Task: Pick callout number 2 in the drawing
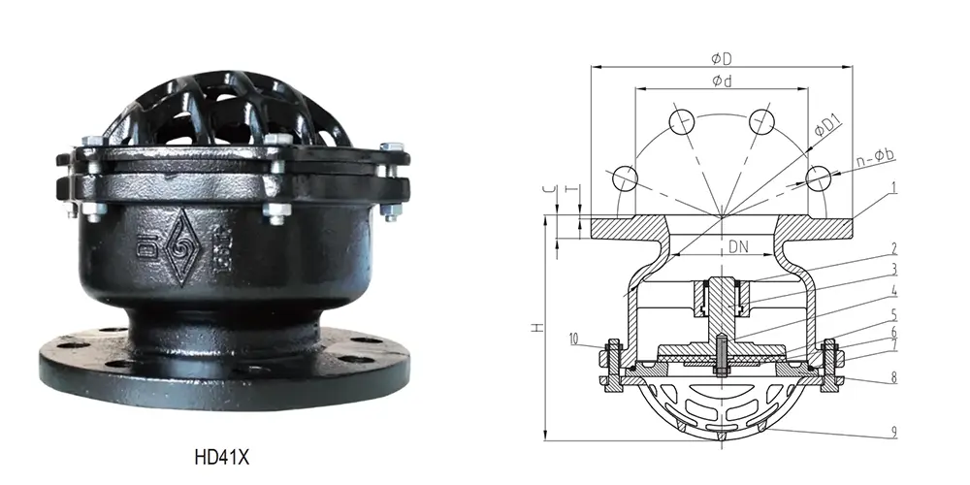coord(892,249)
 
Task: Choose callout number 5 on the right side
coord(892,316)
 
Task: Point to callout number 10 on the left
coord(575,339)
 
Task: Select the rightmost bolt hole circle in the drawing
coord(821,178)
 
